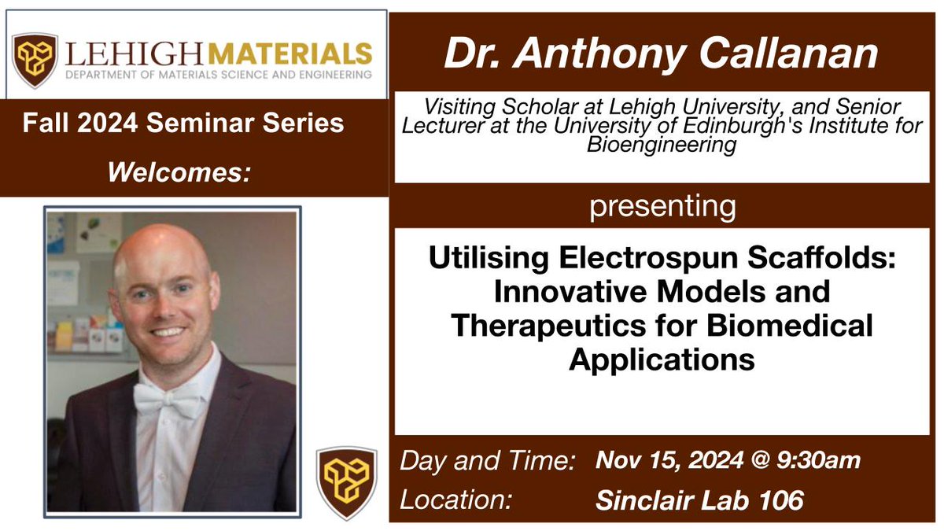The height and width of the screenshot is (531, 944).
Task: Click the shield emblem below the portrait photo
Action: [346, 483]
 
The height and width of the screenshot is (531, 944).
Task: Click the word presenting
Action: [662, 207]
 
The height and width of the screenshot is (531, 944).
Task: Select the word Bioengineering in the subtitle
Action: [662, 147]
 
